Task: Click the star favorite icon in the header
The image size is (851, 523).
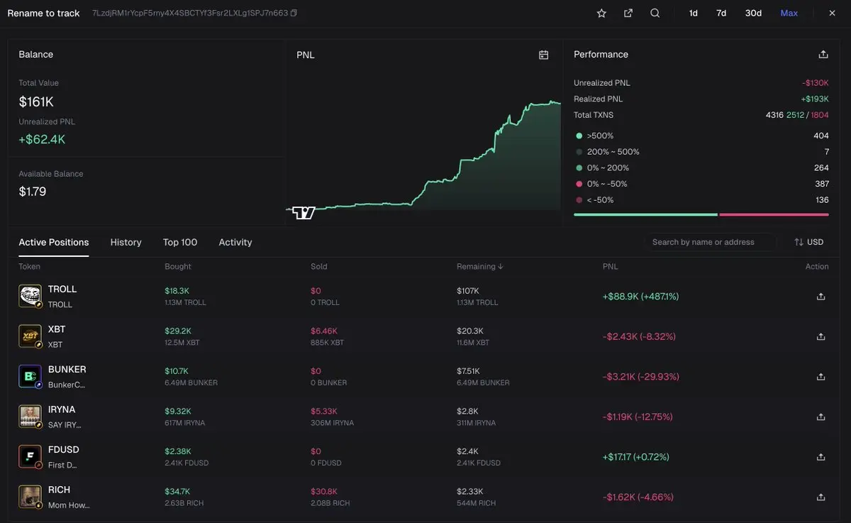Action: coord(601,13)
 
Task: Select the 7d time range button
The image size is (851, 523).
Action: coord(721,13)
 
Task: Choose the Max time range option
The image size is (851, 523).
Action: coord(789,13)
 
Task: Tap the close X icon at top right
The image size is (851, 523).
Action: coord(832,13)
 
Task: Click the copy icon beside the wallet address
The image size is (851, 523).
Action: coord(294,13)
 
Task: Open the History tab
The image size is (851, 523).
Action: coord(126,243)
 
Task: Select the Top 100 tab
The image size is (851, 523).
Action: coord(180,243)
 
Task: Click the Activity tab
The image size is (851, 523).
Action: coord(235,243)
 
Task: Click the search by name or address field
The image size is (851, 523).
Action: coord(709,243)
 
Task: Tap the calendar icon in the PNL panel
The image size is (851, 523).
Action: coord(544,55)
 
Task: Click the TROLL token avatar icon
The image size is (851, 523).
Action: coord(30,296)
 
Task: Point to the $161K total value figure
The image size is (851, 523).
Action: coord(36,102)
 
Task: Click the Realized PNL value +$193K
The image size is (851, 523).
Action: coord(815,99)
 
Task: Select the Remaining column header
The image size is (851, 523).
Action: coord(479,267)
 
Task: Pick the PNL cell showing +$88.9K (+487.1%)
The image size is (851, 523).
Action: coord(640,297)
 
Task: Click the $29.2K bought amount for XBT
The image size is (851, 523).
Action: coord(177,331)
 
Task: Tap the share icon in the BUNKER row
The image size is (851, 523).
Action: coord(821,377)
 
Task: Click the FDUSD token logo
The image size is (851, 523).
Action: coord(30,456)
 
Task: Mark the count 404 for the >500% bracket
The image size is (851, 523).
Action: coord(821,136)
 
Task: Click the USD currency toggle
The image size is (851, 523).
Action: coord(809,243)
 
